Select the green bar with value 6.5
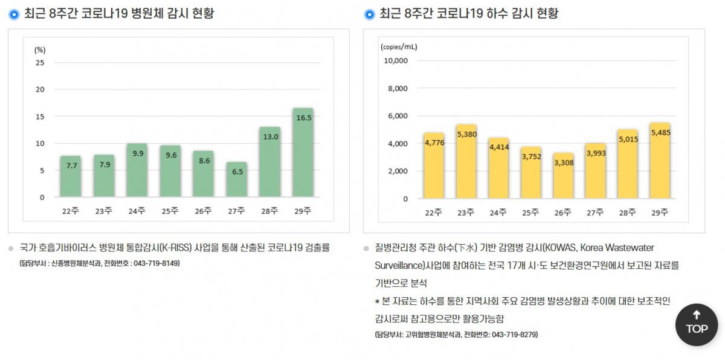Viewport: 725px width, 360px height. [x=236, y=179]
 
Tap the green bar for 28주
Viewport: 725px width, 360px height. [x=269, y=162]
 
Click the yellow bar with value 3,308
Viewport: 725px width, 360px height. [x=564, y=176]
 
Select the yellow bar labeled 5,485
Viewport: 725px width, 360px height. [x=660, y=161]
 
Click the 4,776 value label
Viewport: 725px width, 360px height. [x=434, y=143]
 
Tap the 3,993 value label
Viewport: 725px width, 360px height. [x=596, y=153]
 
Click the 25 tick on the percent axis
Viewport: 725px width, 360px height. [x=40, y=62]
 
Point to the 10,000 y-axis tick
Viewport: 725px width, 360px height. [x=396, y=60]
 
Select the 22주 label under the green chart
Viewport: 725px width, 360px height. [x=70, y=211]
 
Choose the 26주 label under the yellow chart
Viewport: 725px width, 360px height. [x=563, y=212]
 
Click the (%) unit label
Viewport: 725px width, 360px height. [x=40, y=50]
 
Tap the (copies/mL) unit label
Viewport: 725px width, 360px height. [x=399, y=47]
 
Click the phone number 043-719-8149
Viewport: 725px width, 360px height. [x=156, y=263]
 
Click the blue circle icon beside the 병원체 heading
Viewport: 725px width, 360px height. [x=14, y=14]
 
